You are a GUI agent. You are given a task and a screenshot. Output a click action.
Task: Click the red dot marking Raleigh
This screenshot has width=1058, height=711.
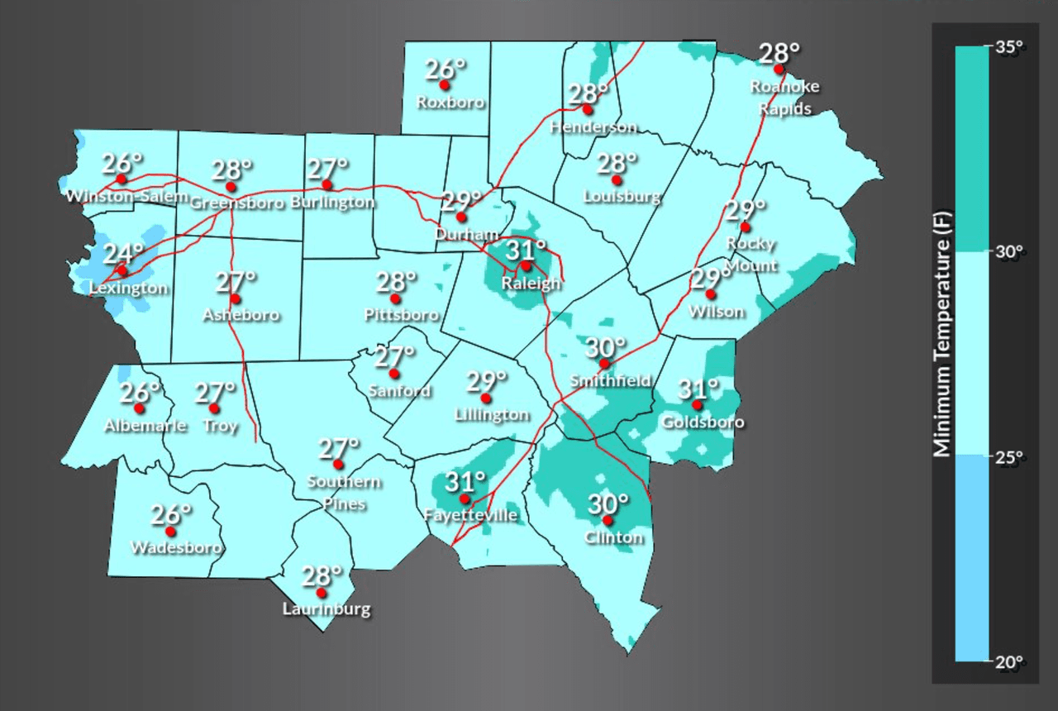[x=526, y=266]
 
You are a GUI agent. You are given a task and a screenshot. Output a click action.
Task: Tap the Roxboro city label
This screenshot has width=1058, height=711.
[x=450, y=103]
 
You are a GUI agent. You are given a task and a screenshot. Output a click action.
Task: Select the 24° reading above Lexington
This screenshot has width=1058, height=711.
[x=123, y=252]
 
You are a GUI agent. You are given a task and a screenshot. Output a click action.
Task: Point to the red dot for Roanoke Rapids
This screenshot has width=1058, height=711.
[x=779, y=69]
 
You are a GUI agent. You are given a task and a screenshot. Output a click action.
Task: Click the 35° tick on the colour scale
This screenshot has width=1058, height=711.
[x=1009, y=47]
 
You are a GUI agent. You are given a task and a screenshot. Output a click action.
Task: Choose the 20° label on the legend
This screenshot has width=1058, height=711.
[x=1009, y=661]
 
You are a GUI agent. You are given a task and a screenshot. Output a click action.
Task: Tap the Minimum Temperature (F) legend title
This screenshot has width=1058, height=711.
[x=942, y=334]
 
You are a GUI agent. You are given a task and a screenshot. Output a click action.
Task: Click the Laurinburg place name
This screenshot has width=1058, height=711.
[x=326, y=610]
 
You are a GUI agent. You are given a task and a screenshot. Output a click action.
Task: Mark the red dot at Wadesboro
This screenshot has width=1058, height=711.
[x=171, y=531]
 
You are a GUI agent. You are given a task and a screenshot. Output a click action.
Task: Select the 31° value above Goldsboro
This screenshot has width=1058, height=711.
[x=699, y=388]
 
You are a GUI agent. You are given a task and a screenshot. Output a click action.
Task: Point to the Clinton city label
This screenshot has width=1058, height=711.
[x=613, y=537]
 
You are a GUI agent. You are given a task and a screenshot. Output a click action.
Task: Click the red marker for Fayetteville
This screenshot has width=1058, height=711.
[x=465, y=499]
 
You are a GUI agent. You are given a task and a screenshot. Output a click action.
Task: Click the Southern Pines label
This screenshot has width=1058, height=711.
[x=344, y=492]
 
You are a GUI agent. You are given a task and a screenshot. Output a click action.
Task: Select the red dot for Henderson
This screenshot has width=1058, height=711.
[x=588, y=109]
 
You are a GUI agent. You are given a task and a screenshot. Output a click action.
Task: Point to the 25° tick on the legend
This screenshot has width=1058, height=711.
[x=1009, y=456]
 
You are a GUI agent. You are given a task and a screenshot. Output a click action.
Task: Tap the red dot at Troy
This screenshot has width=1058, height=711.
[x=214, y=408]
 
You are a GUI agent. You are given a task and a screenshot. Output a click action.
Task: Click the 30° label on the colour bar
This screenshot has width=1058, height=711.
[x=1009, y=251]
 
